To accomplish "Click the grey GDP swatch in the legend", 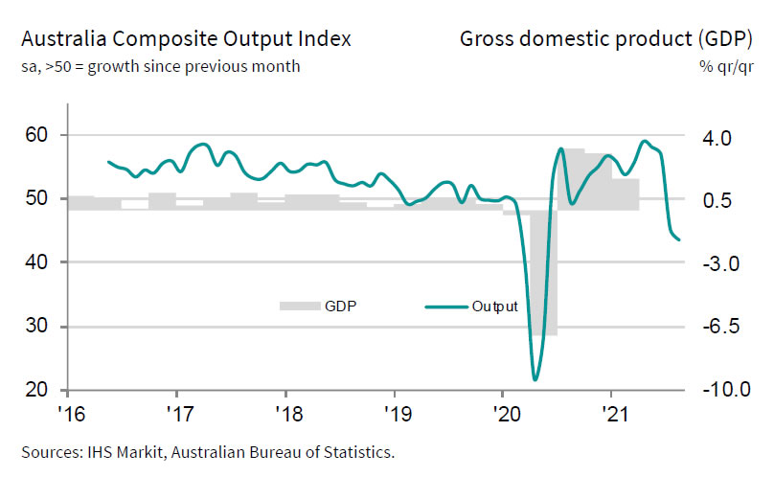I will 297,307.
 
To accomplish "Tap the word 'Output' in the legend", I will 494,307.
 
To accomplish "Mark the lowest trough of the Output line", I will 535,379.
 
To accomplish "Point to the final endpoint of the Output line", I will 679,240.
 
